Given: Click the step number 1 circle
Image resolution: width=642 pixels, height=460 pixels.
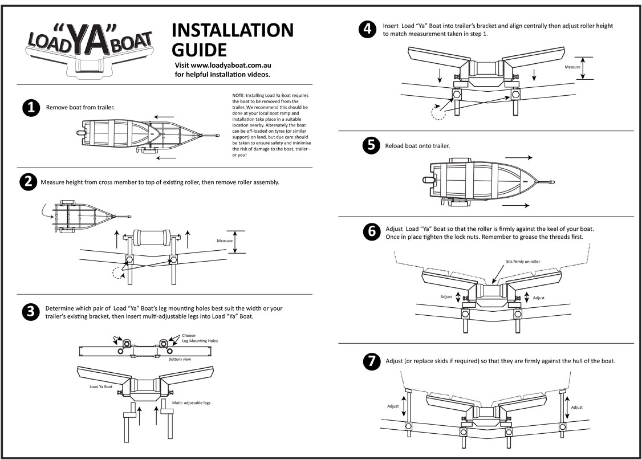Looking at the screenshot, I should click(x=30, y=108).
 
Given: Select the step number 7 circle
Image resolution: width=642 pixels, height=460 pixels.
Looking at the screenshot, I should click(x=371, y=361).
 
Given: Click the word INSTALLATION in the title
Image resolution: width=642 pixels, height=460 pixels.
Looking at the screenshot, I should click(x=232, y=30).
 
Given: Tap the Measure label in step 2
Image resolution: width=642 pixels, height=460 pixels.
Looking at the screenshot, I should click(x=225, y=241).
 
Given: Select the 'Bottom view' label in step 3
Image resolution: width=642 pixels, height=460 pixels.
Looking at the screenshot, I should click(x=180, y=360).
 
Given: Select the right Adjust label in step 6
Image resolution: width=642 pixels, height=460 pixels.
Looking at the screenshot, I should click(x=538, y=298).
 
